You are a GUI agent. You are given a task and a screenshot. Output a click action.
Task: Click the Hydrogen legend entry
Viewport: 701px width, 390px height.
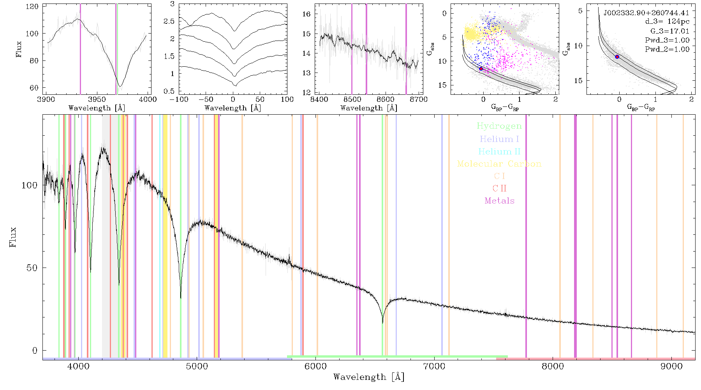[499, 126]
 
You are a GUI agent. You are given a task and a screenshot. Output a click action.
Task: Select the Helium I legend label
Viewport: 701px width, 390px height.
[499, 139]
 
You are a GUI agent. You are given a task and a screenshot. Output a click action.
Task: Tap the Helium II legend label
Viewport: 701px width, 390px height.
[499, 151]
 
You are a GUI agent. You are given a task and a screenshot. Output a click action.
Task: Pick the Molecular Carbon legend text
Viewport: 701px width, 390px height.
[499, 164]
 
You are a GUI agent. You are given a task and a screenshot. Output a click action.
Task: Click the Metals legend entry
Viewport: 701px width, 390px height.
[499, 201]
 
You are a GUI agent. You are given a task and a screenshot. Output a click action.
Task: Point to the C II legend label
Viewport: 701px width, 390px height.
[499, 188]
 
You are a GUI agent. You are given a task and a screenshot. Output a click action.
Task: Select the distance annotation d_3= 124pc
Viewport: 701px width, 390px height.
[667, 22]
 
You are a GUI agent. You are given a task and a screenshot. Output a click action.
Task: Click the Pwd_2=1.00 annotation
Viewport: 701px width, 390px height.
[667, 50]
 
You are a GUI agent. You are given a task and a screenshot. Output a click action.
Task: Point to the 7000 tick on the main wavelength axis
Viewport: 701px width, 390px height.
[434, 366]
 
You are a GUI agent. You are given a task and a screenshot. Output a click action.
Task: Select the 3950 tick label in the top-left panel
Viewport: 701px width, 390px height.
[97, 99]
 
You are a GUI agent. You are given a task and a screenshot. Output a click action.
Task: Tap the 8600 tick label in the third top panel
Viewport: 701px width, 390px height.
[386, 99]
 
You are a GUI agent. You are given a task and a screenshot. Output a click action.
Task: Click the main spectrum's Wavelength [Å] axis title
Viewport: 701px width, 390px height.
[369, 377]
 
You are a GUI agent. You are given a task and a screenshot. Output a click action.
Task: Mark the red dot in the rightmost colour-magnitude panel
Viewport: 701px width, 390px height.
[617, 57]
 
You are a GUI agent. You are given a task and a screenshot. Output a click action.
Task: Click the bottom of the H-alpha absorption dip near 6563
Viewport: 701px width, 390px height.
[382, 323]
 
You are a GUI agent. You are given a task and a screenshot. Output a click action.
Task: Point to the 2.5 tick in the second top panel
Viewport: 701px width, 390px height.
[169, 21]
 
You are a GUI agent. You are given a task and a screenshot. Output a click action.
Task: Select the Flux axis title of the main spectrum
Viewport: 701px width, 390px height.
[13, 237]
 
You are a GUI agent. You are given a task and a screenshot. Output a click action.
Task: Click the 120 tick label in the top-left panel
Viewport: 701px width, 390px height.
[32, 7]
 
